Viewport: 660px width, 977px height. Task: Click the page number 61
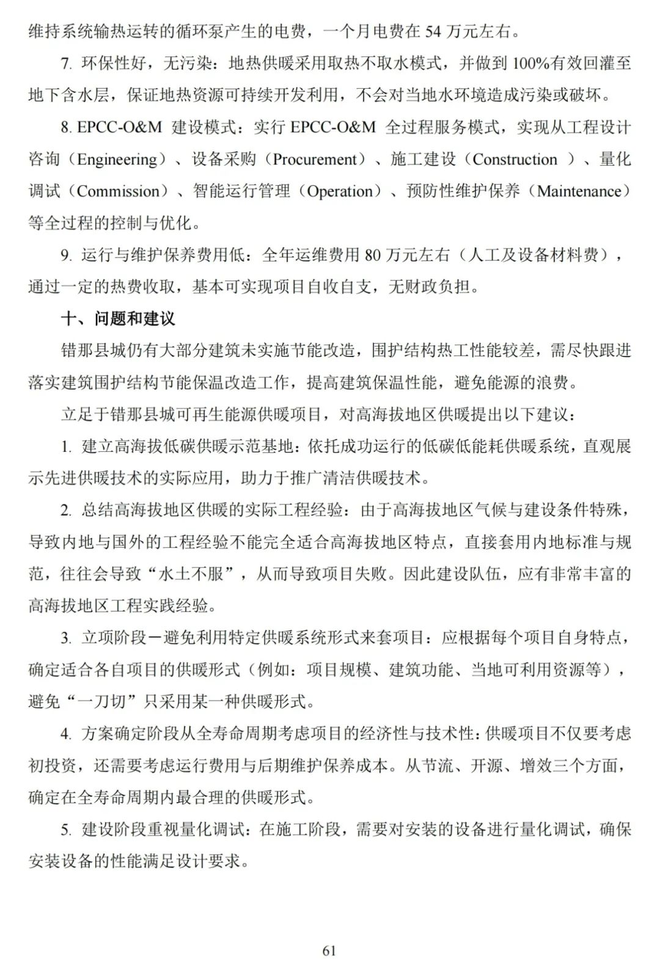(x=329, y=950)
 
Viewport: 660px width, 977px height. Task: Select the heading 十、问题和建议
(x=118, y=319)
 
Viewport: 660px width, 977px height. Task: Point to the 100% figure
(x=530, y=63)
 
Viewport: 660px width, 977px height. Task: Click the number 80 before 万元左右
(x=373, y=254)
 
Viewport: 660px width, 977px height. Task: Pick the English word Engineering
(x=117, y=160)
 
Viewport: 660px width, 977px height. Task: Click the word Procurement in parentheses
(x=315, y=160)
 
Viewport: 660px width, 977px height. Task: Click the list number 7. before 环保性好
(x=67, y=64)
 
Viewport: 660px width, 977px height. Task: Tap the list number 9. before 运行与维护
(x=67, y=255)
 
